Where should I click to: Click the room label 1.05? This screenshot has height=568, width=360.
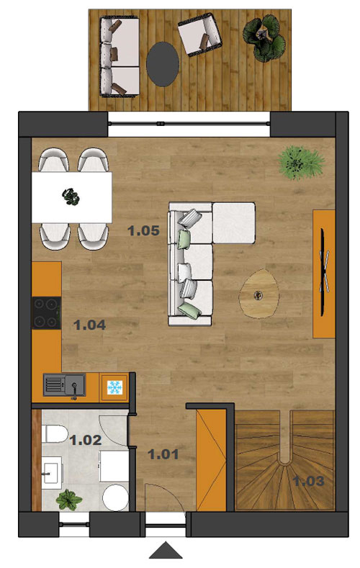[143, 231]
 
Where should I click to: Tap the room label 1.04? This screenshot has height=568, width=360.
[89, 325]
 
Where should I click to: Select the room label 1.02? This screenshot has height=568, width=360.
[86, 440]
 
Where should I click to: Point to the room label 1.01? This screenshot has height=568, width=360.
[163, 454]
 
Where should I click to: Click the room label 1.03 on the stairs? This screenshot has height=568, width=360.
[309, 481]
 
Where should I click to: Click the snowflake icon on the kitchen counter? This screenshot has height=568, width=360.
[114, 387]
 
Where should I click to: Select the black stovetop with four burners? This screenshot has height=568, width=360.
[47, 312]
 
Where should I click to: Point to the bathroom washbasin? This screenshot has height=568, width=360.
[51, 473]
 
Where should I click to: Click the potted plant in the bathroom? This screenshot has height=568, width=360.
[69, 500]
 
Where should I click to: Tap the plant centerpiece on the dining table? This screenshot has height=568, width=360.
[71, 197]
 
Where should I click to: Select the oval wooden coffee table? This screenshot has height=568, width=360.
[258, 294]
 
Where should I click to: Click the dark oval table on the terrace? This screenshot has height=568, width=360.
[163, 64]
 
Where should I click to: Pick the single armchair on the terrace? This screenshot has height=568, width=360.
[199, 35]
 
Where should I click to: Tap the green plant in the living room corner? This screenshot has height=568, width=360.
[301, 163]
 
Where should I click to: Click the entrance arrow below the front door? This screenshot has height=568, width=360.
[166, 551]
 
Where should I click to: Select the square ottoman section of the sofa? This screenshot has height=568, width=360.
[233, 223]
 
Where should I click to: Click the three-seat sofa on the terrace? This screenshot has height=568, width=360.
[120, 57]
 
